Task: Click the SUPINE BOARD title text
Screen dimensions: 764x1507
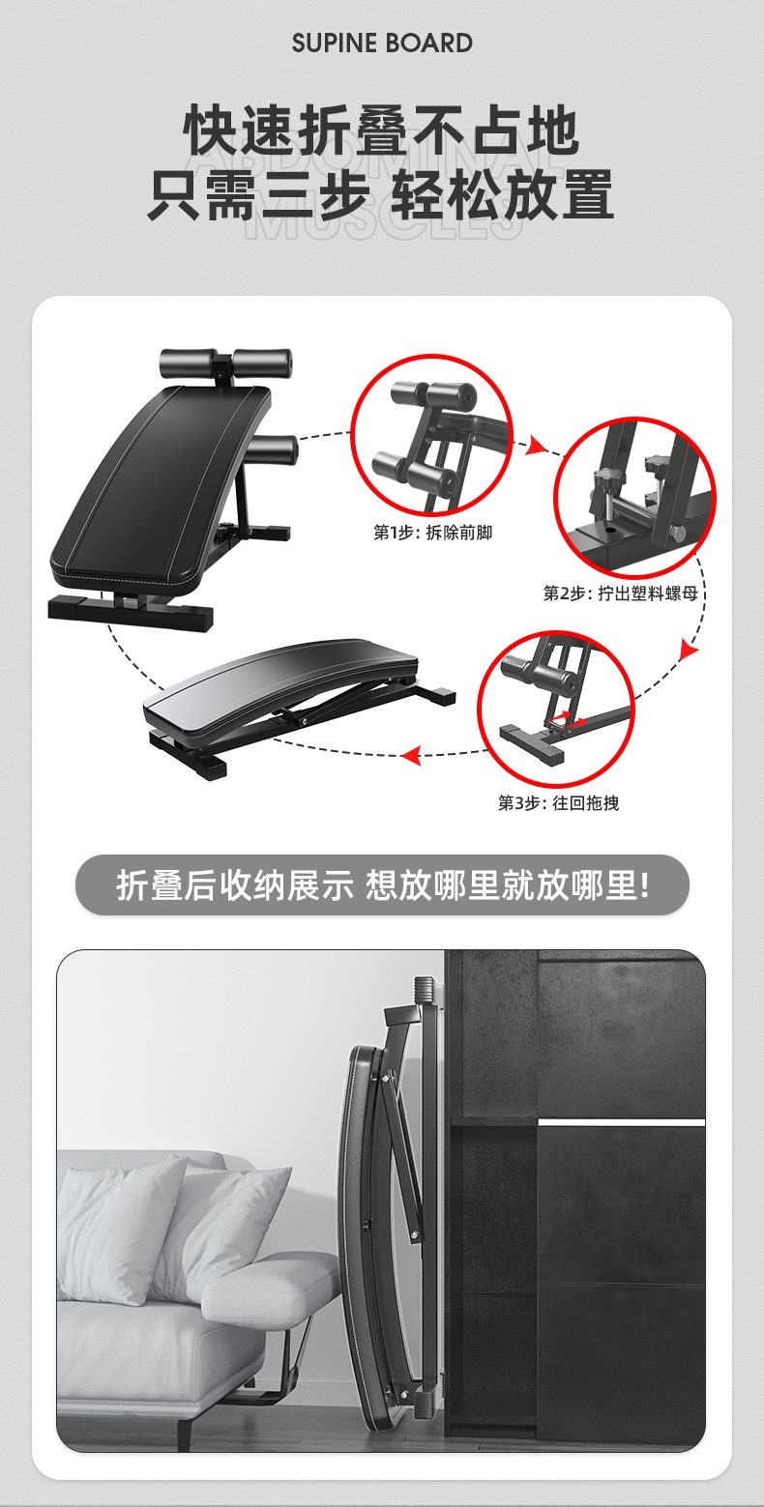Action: point(382,43)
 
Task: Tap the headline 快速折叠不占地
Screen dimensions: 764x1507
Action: point(381,131)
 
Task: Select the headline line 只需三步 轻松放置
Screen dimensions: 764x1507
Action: point(381,194)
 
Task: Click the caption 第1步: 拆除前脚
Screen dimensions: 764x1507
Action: point(433,533)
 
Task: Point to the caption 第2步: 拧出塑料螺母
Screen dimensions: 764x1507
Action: point(620,594)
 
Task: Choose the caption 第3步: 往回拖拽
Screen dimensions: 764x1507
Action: point(558,802)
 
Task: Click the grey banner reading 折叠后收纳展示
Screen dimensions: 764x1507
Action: point(382,884)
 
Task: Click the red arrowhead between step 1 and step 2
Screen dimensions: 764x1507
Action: point(535,445)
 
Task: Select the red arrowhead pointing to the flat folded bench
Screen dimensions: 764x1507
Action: point(411,756)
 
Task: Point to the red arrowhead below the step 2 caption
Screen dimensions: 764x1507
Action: point(689,650)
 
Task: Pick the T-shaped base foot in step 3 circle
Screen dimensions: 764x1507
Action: point(531,744)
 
